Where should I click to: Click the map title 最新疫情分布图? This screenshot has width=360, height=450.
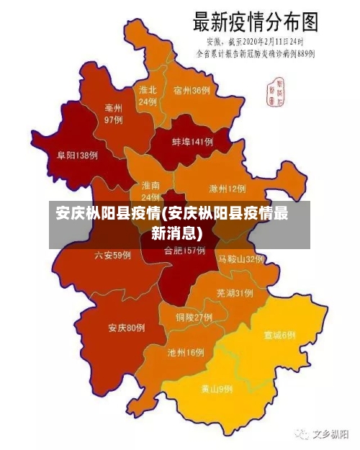[x=255, y=22]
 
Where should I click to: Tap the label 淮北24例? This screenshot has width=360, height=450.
[x=148, y=96]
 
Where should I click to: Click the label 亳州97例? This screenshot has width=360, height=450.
[x=114, y=114]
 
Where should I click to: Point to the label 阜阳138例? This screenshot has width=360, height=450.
[x=77, y=155]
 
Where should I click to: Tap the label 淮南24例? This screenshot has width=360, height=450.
[x=150, y=191]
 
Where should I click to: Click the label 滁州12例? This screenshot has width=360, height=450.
[x=227, y=189]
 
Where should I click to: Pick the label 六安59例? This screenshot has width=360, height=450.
[x=113, y=255]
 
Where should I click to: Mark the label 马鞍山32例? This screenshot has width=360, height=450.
[x=241, y=258]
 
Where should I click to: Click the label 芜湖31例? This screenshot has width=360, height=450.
[x=234, y=293]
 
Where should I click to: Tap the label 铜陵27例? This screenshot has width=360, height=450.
[x=194, y=317]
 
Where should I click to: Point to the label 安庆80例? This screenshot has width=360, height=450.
[x=127, y=328]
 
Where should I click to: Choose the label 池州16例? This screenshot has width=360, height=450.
[x=186, y=353]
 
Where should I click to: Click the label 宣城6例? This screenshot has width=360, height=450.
[x=279, y=336]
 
